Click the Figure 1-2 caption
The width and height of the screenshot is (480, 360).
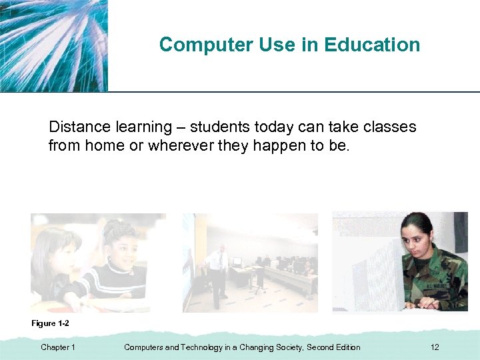[51, 323]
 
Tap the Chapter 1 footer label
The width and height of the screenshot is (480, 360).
[58, 347]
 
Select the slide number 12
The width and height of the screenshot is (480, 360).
[435, 347]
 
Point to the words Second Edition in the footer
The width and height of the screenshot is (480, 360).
[333, 347]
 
